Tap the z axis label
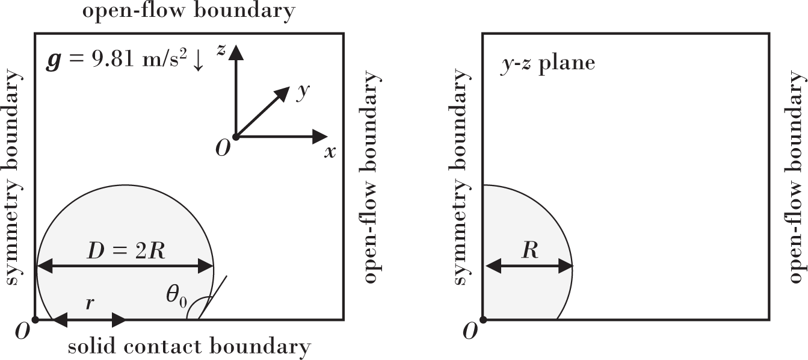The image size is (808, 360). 222,51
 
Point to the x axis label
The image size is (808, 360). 330,152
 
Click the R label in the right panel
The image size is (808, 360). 529,250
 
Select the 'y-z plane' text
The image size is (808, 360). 547,63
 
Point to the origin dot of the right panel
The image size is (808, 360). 483,319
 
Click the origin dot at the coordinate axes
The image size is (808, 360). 236,137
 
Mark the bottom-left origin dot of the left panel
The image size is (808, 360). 35,319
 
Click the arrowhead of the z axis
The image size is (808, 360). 236,52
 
